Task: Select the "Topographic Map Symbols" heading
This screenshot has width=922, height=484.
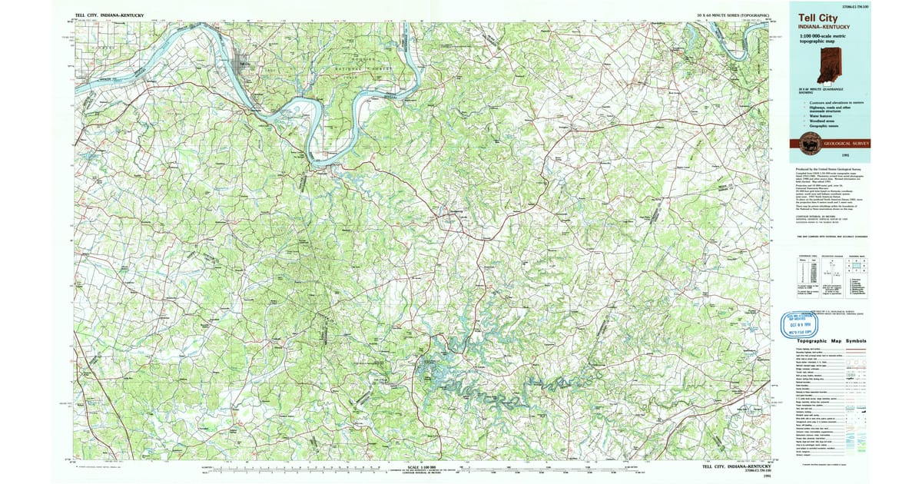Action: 831,341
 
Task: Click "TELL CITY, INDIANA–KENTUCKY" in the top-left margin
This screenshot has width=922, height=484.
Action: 111,15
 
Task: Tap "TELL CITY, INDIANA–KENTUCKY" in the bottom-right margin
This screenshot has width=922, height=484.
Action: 735,466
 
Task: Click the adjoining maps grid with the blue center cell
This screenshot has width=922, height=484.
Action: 855,266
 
